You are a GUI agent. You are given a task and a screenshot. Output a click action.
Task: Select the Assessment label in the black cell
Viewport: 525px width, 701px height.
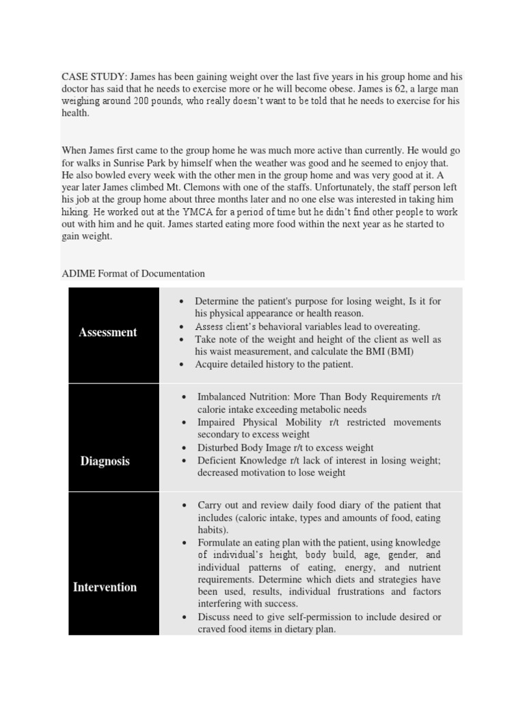click(108, 333)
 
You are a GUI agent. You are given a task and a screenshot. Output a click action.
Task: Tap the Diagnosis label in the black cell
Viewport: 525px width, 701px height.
click(105, 461)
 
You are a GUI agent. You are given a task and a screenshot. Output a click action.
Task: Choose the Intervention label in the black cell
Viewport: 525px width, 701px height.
click(105, 587)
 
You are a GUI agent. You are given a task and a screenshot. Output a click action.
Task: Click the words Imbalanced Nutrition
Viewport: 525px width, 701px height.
click(247, 397)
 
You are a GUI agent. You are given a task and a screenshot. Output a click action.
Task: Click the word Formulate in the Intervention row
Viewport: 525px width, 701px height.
click(219, 543)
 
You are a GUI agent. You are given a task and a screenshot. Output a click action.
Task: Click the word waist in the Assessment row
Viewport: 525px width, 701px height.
click(224, 352)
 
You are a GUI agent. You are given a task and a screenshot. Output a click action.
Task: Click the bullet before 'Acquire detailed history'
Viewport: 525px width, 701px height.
click(181, 365)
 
